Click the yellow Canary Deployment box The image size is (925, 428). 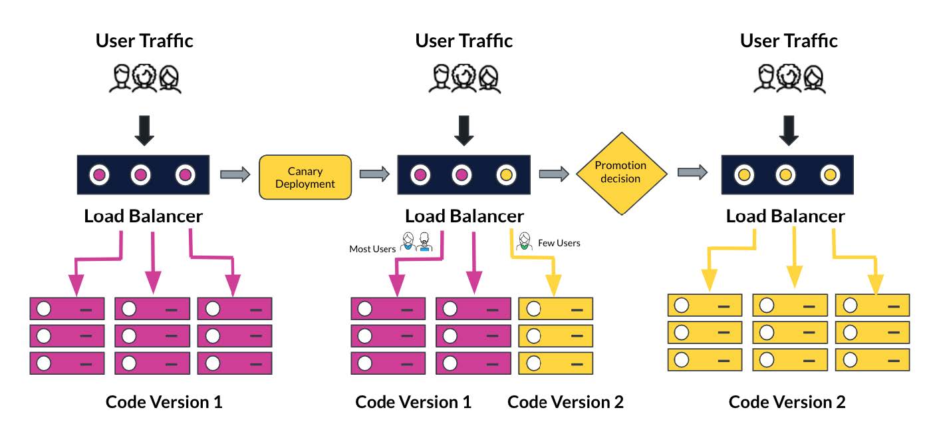tap(305, 177)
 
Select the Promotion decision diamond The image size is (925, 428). tap(621, 173)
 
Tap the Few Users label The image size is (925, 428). tap(559, 243)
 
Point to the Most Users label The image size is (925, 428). tap(372, 249)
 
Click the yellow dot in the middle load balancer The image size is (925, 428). tap(506, 174)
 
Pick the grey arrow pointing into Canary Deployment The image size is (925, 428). tap(235, 174)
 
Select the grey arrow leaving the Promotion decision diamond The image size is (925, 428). tap(692, 172)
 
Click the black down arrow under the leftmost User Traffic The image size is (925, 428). tap(144, 130)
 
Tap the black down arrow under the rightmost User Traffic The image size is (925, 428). tap(789, 130)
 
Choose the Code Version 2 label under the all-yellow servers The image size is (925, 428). tap(787, 402)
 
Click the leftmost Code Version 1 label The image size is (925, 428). tap(164, 402)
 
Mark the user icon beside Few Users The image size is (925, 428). tap(524, 241)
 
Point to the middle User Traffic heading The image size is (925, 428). tap(463, 41)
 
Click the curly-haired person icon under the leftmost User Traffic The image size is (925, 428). tap(144, 77)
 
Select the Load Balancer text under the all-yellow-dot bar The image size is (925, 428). tap(785, 216)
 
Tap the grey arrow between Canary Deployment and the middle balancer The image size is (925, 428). tap(374, 174)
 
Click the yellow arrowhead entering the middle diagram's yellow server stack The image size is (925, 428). tap(553, 285)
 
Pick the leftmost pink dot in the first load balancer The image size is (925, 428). tap(100, 174)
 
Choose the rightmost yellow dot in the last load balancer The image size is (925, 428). tap(830, 174)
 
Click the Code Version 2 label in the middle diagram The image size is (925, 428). tap(565, 402)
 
